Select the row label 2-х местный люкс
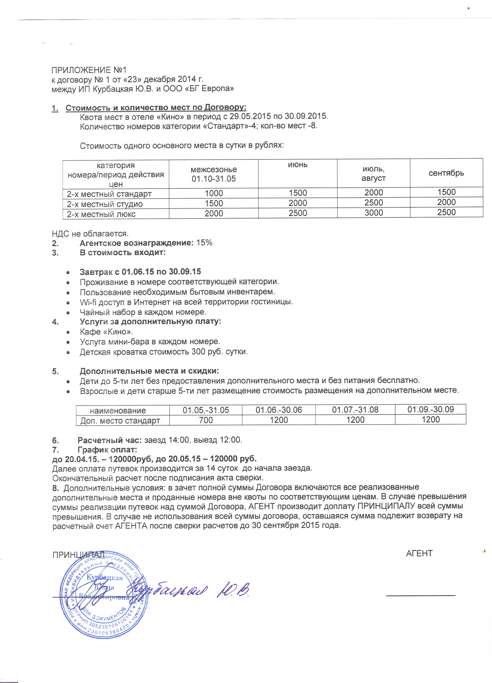pos(101,214)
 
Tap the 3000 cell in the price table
pos(373,213)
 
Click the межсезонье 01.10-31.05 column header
pos(214,174)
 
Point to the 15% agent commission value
pos(204,243)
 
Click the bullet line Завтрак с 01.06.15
pos(140,272)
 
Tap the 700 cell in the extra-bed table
pos(206,420)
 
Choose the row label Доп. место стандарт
pos(120,421)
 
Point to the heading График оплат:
pos(107,450)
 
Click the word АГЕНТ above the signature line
pos(419,553)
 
